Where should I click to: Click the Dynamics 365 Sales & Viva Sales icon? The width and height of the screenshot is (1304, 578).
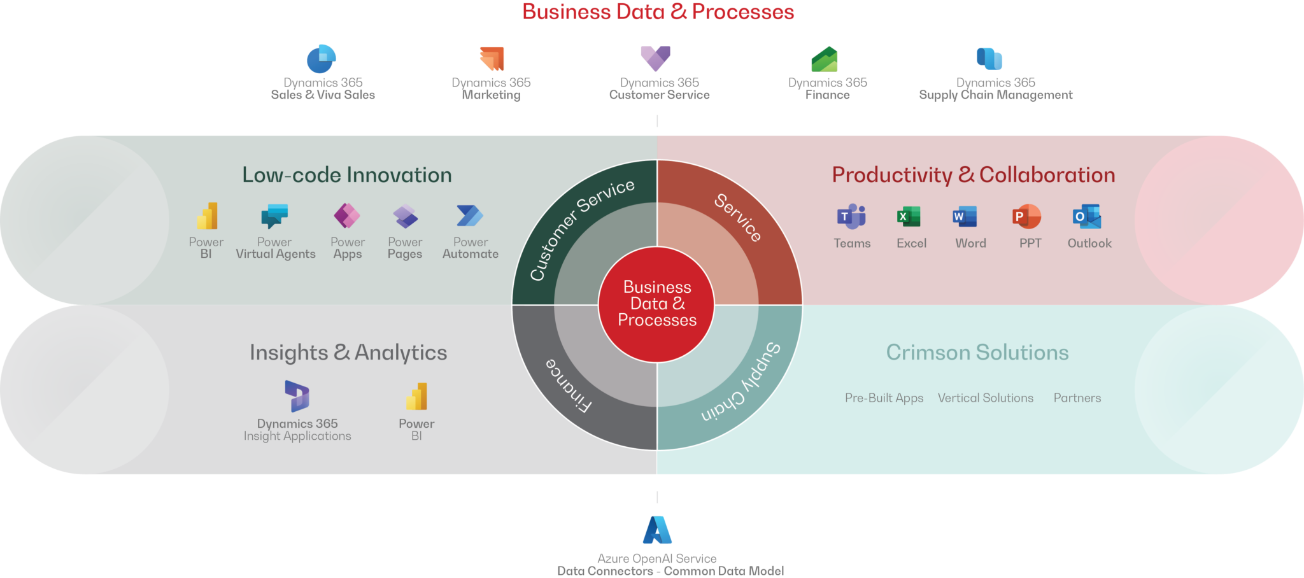click(322, 59)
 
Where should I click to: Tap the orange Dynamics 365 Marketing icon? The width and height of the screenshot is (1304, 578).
click(492, 59)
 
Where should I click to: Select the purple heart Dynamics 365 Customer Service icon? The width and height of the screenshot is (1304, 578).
click(655, 59)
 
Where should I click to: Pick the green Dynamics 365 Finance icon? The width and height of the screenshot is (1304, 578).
click(825, 59)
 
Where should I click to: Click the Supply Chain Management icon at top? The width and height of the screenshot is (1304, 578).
click(989, 59)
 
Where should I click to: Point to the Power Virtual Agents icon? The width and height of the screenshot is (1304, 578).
click(274, 216)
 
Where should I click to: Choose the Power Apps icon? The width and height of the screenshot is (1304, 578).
click(347, 216)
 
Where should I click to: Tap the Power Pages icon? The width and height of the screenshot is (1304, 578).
click(405, 216)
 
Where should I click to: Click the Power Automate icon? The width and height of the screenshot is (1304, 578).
click(470, 216)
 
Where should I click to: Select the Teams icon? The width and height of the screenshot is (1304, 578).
click(851, 217)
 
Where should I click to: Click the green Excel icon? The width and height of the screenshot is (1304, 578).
click(909, 216)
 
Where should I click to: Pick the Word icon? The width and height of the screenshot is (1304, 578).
click(965, 216)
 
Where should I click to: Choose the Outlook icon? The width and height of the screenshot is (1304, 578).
click(1087, 217)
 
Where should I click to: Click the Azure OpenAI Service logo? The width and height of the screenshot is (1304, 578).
click(657, 530)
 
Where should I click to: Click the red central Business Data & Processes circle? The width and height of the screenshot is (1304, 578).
click(656, 304)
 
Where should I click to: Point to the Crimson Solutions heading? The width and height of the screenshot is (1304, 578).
click(977, 352)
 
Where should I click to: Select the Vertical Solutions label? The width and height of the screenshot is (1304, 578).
click(986, 398)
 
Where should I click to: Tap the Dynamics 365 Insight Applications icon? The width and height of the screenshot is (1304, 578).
click(297, 396)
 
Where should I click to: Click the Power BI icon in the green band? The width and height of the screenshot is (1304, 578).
click(207, 216)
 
